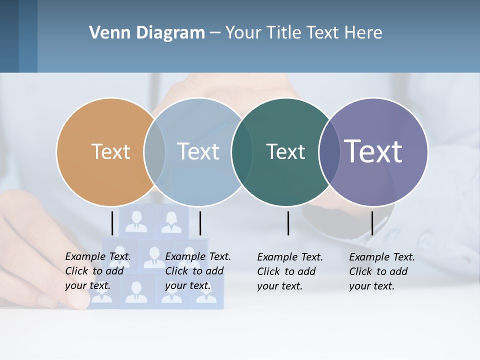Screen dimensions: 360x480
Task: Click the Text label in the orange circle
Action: [x=110, y=151]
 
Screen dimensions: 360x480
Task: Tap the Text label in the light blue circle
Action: [x=198, y=151]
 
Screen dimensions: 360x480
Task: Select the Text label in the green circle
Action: [x=285, y=151]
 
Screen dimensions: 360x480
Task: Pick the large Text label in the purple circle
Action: [x=373, y=151]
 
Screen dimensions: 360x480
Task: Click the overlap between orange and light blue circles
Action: [x=154, y=151]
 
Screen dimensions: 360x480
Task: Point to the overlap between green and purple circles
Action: [x=329, y=151]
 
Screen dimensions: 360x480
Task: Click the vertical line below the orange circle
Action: [x=112, y=223]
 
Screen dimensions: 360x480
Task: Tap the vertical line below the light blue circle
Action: [x=200, y=223]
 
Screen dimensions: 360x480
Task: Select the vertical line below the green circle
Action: [x=288, y=223]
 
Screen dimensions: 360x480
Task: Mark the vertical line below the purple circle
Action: [x=372, y=223]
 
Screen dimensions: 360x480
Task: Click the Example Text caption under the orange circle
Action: [x=98, y=271]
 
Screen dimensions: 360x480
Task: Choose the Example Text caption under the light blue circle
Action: [x=198, y=271]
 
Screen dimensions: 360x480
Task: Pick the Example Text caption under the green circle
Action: [x=290, y=271]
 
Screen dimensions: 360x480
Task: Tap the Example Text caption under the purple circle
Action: [x=382, y=271]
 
